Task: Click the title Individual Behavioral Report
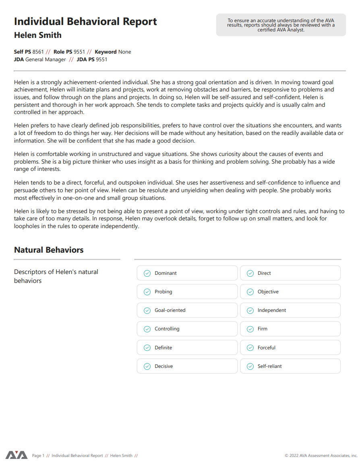pyautogui.click(x=85, y=21)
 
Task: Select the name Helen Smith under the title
pyautogui.click(x=38, y=35)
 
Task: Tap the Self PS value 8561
pyautogui.click(x=38, y=52)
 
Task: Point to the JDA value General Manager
pyautogui.click(x=46, y=59)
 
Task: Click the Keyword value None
pyautogui.click(x=124, y=52)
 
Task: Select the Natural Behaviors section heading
pyautogui.click(x=49, y=250)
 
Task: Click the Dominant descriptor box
pyautogui.click(x=187, y=273)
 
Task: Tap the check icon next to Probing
pyautogui.click(x=147, y=292)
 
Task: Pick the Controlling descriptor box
pyautogui.click(x=187, y=329)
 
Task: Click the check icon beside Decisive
pyautogui.click(x=147, y=366)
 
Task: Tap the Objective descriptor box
pyautogui.click(x=290, y=292)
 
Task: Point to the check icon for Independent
pyautogui.click(x=250, y=310)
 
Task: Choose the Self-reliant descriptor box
pyautogui.click(x=290, y=366)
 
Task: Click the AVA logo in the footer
pyautogui.click(x=17, y=455)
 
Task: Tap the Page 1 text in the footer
pyautogui.click(x=38, y=456)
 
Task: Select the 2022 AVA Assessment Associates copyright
pyautogui.click(x=321, y=456)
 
